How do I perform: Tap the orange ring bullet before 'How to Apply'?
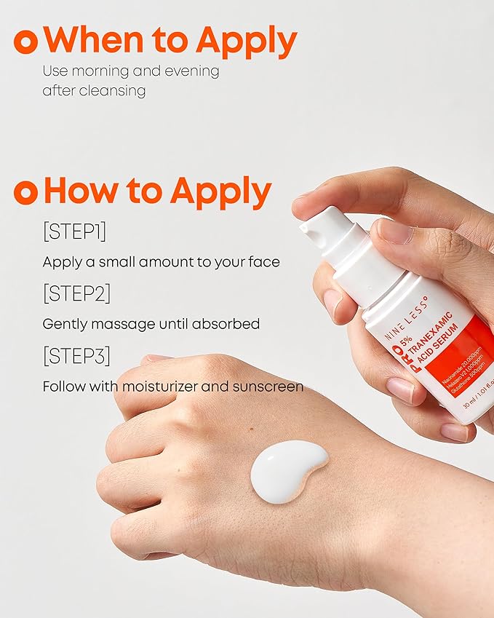coord(25,192)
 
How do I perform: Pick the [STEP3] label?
coord(76,356)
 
